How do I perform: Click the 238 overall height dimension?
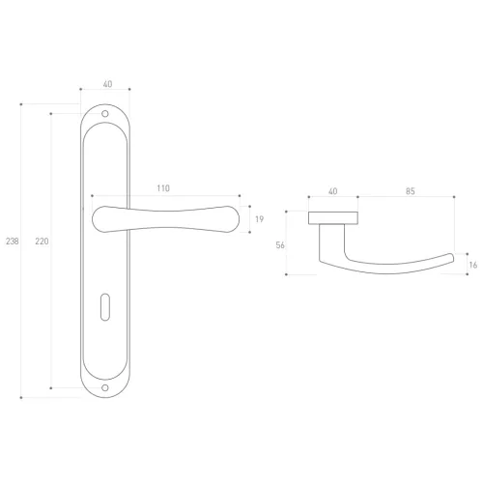coord(13,241)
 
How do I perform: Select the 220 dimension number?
coord(42,241)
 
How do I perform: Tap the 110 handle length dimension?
coord(163,188)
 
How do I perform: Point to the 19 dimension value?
coord(259,219)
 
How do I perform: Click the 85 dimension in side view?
coord(411,191)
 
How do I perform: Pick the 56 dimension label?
coord(280,245)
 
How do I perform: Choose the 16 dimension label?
coord(473,265)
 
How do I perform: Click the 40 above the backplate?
coord(107,84)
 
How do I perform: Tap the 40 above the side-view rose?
coord(333,191)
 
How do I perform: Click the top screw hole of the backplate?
coord(104,114)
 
